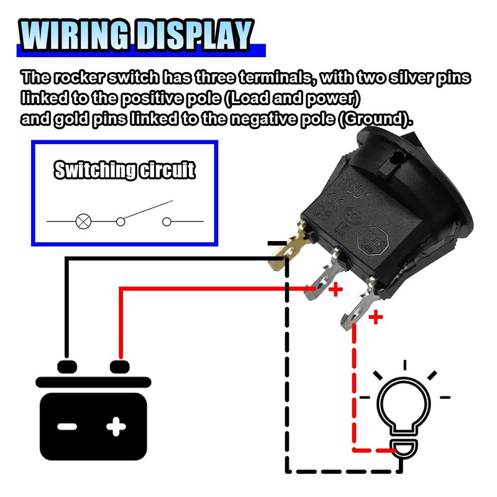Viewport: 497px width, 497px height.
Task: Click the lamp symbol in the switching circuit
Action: (83, 221)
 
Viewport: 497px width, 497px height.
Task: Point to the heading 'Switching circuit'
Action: (124, 170)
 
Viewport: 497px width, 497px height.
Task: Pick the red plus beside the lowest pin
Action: (376, 319)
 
